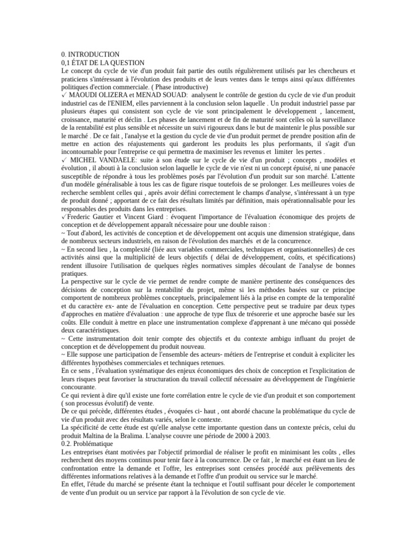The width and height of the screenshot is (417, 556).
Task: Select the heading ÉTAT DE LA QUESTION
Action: (x=110, y=63)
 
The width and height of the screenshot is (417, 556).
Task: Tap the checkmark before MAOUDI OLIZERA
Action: (x=65, y=95)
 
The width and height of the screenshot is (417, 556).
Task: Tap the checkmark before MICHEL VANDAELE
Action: (x=65, y=160)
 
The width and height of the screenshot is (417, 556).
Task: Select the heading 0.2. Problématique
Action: (x=87, y=444)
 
